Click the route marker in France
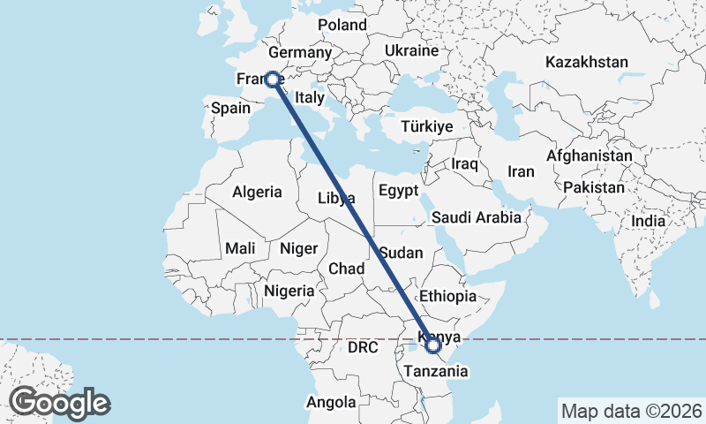pyautogui.click(x=273, y=79)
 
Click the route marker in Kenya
pyautogui.click(x=433, y=345)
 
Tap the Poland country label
pyautogui.click(x=342, y=25)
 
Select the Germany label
pyautogui.click(x=298, y=52)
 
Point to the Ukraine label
pyautogui.click(x=411, y=51)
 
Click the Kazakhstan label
pyautogui.click(x=587, y=63)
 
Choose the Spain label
pyautogui.click(x=231, y=109)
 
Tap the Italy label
pyautogui.click(x=310, y=97)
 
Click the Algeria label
pyautogui.click(x=257, y=192)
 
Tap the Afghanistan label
pyautogui.click(x=589, y=155)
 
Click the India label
pyautogui.click(x=649, y=221)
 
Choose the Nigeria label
pyautogui.click(x=289, y=290)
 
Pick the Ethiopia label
pyautogui.click(x=448, y=296)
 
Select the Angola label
pyautogui.click(x=330, y=402)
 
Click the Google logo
pyautogui.click(x=59, y=403)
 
